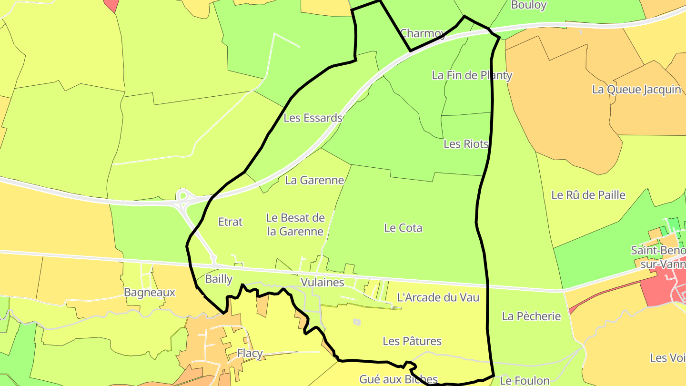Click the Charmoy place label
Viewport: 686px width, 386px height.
pyautogui.click(x=423, y=33)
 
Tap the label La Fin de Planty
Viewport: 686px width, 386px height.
pyautogui.click(x=472, y=75)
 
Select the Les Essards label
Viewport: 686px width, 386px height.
pyautogui.click(x=313, y=118)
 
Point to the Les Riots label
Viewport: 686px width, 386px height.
pyautogui.click(x=466, y=143)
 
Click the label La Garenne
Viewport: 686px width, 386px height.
pyautogui.click(x=314, y=180)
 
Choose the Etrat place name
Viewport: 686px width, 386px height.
pyautogui.click(x=230, y=222)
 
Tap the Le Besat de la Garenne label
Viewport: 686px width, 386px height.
pyautogui.click(x=295, y=225)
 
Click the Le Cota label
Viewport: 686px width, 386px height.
pyautogui.click(x=403, y=228)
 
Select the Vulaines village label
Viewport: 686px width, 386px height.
pyautogui.click(x=322, y=282)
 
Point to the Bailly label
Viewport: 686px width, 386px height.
pyautogui.click(x=219, y=279)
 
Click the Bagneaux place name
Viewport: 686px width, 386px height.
pyautogui.click(x=150, y=292)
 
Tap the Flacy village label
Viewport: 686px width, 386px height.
pyautogui.click(x=250, y=353)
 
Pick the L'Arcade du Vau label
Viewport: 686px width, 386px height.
pyautogui.click(x=438, y=297)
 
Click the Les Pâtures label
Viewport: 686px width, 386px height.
pyautogui.click(x=412, y=341)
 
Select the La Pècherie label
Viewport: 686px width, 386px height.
pyautogui.click(x=531, y=316)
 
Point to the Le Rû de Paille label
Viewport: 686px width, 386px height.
pyautogui.click(x=588, y=195)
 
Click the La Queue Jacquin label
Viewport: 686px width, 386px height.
pyautogui.click(x=636, y=89)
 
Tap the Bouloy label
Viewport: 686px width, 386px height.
pyautogui.click(x=528, y=5)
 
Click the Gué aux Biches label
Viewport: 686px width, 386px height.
pyautogui.click(x=398, y=379)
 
